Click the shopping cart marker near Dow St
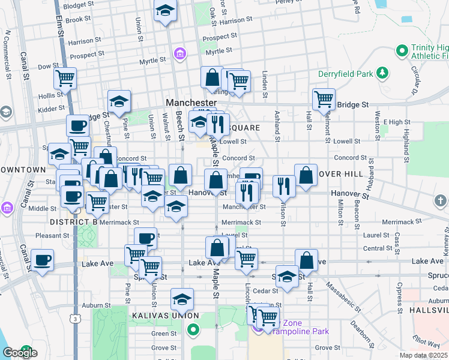tap(65, 77)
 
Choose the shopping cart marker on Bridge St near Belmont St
tap(324, 98)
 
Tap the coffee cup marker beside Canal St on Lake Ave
tap(42, 260)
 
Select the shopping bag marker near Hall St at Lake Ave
tap(306, 260)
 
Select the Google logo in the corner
tap(20, 353)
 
